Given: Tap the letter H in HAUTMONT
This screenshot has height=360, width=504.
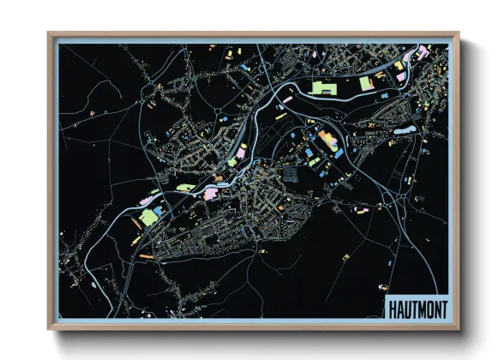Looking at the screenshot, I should coord(393,308).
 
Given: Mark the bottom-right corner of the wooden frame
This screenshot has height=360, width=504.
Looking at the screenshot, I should coord(459,328).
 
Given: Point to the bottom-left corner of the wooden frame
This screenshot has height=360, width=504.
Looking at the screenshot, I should coord(50,328).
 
